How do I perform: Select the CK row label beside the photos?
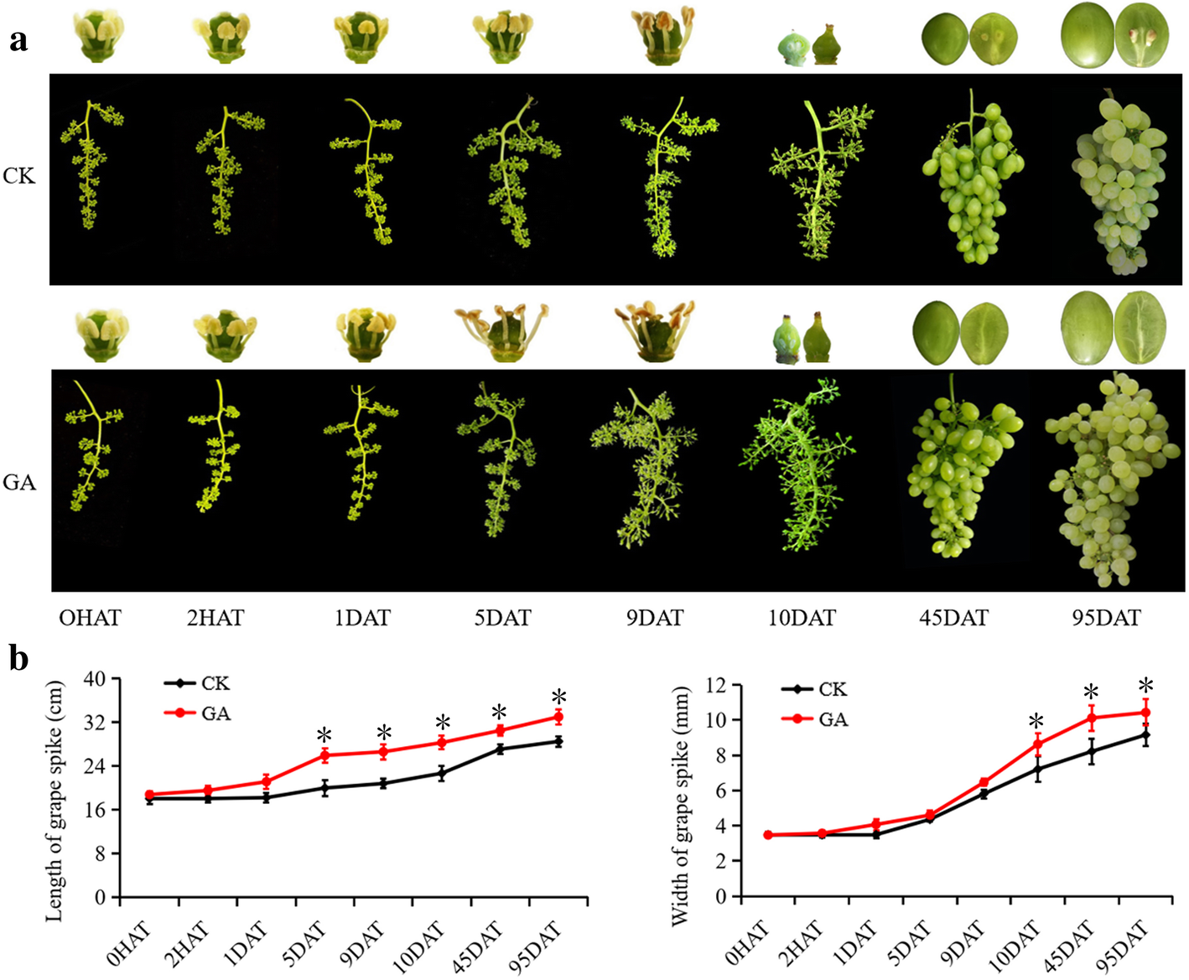click(19, 176)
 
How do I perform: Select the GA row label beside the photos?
click(19, 483)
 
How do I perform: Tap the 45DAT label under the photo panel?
click(953, 619)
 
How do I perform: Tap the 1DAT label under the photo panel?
click(361, 619)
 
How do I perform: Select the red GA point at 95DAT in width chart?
click(1145, 713)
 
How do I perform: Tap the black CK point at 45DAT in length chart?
click(500, 749)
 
